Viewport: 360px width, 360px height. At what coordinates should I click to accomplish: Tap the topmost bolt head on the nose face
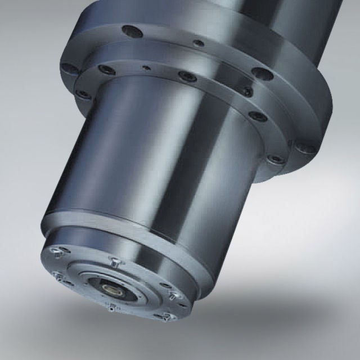pyautogui.click(x=113, y=259)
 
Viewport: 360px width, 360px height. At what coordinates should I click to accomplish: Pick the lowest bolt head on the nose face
pyautogui.click(x=164, y=319)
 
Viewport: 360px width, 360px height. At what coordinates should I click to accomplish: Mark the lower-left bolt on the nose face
pyautogui.click(x=58, y=274)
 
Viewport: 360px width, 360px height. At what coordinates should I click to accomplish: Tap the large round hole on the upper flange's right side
pyautogui.click(x=262, y=73)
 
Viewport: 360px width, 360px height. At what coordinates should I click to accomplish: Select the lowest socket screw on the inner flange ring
pyautogui.click(x=276, y=159)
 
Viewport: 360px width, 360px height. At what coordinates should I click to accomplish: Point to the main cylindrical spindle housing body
pyautogui.click(x=163, y=163)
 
